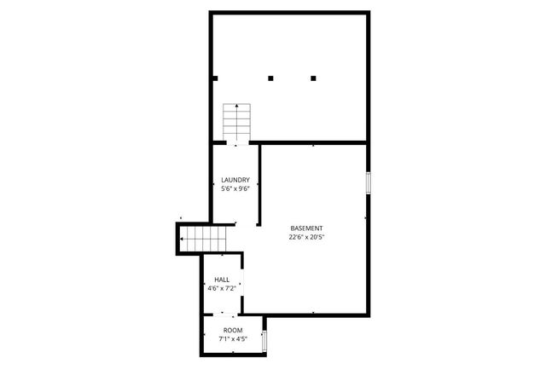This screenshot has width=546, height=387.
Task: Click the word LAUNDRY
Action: point(235,180)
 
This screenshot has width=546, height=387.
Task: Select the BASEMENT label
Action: point(306,228)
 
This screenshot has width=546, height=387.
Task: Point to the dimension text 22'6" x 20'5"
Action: point(306,238)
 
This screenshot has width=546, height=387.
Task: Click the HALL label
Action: point(222,280)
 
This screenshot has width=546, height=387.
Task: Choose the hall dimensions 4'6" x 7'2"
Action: point(222,288)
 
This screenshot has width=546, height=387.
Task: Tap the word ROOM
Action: point(233,330)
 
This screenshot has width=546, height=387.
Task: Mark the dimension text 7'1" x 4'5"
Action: point(233,338)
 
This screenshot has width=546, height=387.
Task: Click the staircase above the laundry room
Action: point(235,123)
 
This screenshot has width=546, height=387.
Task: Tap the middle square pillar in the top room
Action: point(270,78)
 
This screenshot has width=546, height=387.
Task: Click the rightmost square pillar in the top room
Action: point(313,78)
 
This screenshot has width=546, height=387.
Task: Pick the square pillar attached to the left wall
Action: point(215,78)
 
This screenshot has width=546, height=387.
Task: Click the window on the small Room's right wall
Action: point(264,342)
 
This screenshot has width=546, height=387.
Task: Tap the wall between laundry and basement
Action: point(258,183)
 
